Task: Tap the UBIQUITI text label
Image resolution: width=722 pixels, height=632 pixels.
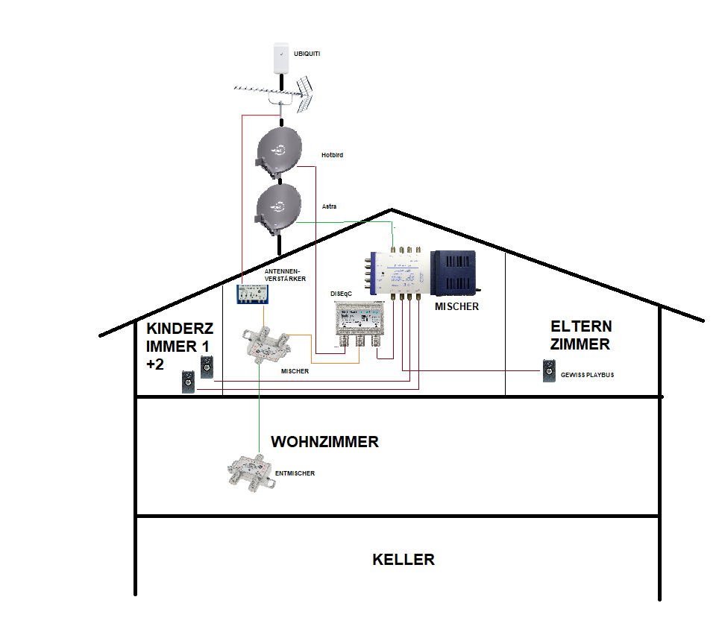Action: tap(307, 54)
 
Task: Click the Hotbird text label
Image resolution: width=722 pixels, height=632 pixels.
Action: tap(332, 155)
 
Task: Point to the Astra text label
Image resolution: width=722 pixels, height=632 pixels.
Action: tap(328, 205)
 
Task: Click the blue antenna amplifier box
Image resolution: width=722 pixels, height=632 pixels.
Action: tap(252, 294)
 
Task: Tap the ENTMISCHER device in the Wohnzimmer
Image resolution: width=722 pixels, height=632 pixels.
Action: tap(251, 471)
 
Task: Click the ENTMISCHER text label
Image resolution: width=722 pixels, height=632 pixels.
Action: tap(295, 473)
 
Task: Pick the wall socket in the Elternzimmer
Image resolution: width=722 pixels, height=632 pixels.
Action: tap(550, 371)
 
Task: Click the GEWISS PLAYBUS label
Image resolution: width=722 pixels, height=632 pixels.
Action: tap(588, 375)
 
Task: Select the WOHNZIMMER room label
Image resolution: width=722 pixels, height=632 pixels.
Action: tap(324, 442)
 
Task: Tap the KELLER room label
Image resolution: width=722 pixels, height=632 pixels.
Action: tap(403, 560)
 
